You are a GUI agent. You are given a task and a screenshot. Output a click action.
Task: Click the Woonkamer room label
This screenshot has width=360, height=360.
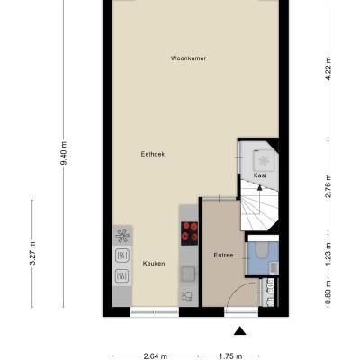pyautogui.click(x=188, y=58)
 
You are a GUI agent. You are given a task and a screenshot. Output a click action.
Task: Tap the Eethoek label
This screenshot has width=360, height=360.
pyautogui.click(x=153, y=154)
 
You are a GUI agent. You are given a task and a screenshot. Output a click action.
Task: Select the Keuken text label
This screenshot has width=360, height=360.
pyautogui.click(x=154, y=264)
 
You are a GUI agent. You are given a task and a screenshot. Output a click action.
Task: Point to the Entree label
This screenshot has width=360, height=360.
pyautogui.click(x=223, y=256)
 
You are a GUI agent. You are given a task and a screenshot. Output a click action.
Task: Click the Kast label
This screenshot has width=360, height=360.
pyautogui.click(x=260, y=175)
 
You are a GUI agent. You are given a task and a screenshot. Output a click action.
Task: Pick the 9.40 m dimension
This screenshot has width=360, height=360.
pyautogui.click(x=64, y=153)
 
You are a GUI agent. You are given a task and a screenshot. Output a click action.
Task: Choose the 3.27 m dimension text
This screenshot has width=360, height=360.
pyautogui.click(x=32, y=253)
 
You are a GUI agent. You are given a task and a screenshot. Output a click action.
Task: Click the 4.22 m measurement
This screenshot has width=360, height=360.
pyautogui.click(x=328, y=68)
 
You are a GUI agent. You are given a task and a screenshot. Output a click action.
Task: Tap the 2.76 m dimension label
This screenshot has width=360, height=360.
pyautogui.click(x=328, y=185)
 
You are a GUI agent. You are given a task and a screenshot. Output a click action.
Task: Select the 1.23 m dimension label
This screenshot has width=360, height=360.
pyautogui.click(x=328, y=255)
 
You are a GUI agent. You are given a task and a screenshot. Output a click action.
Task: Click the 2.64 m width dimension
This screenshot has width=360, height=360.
pyautogui.click(x=155, y=356)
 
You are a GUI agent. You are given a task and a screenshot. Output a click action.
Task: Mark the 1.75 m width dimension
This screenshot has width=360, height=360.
pyautogui.click(x=230, y=356)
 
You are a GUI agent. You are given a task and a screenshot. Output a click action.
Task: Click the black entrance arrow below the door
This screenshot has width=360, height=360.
pyautogui.click(x=240, y=330)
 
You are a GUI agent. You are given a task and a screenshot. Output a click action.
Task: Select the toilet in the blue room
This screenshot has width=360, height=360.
pyautogui.click(x=263, y=250)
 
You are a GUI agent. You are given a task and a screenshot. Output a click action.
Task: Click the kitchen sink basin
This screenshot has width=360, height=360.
pyautogui.click(x=188, y=274)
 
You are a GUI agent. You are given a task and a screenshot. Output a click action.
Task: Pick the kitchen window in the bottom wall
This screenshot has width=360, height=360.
pyautogui.click(x=155, y=311)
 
